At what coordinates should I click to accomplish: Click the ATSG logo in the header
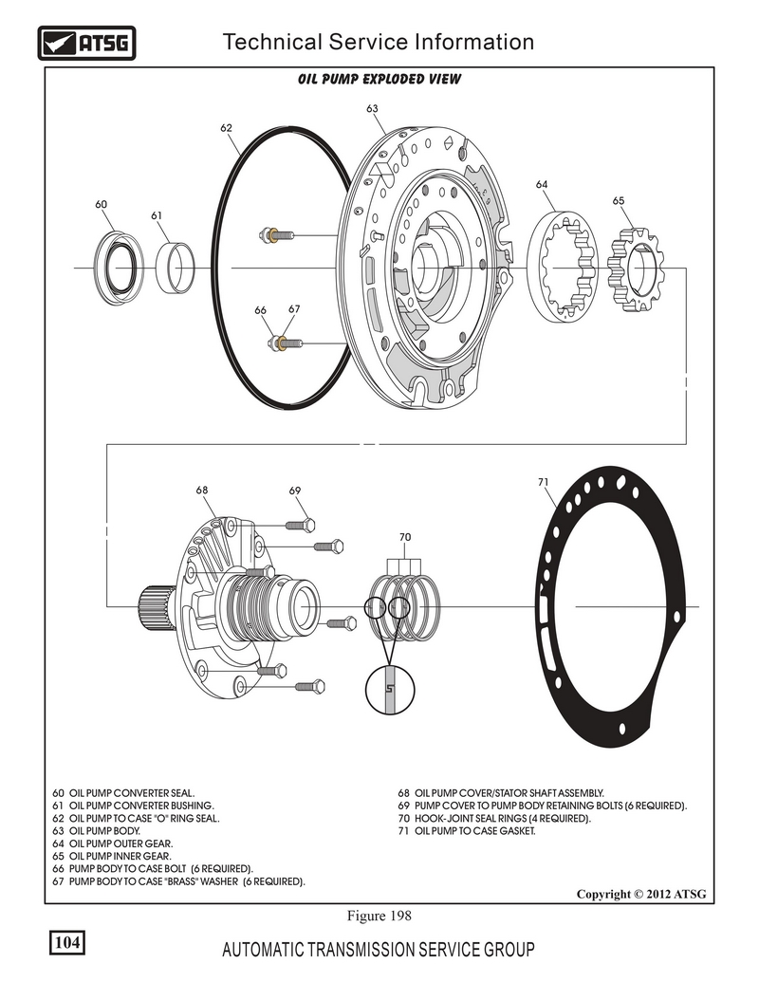[x=86, y=43]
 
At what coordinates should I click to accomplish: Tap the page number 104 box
[x=66, y=942]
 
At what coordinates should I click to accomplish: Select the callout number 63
[x=373, y=109]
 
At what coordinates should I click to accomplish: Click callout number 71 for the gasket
[x=544, y=482]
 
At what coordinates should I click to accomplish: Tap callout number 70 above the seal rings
[x=405, y=537]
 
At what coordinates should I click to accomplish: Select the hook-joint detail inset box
[x=389, y=692]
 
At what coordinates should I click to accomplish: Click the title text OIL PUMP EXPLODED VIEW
[x=379, y=79]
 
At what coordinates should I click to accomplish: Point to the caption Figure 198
[x=379, y=916]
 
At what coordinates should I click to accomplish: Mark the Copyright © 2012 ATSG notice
[x=641, y=894]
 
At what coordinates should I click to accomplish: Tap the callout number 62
[x=227, y=125]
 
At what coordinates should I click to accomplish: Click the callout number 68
[x=202, y=491]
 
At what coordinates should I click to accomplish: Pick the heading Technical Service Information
[x=378, y=42]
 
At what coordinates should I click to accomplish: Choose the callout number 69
[x=295, y=491]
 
